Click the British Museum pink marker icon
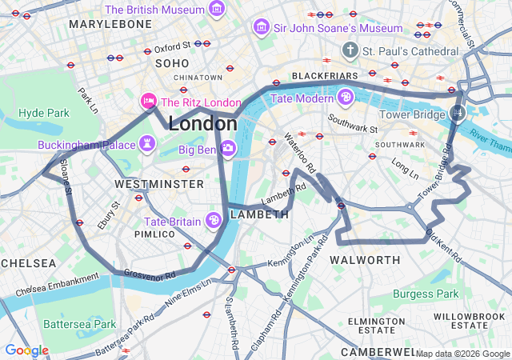[x=216, y=10]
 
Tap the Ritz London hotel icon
[x=148, y=102]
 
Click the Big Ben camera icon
[x=228, y=148]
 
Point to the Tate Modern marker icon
[x=346, y=98]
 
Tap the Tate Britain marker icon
[x=214, y=220]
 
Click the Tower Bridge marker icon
[x=458, y=114]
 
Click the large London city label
[x=202, y=124]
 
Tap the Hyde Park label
[x=45, y=113]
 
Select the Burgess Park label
[x=426, y=294]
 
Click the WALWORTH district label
[x=364, y=260]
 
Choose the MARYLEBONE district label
[x=110, y=25]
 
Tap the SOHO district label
[x=173, y=62]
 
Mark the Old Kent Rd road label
[x=443, y=246]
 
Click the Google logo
[x=26, y=350]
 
